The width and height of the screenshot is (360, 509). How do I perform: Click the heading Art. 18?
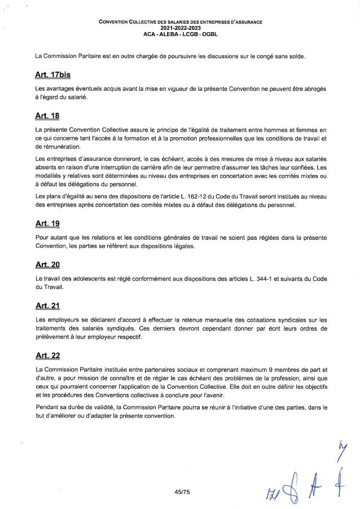click(x=47, y=117)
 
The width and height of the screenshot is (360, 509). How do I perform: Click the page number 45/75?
click(x=183, y=492)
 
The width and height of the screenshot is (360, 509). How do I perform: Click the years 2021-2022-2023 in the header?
click(x=179, y=28)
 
